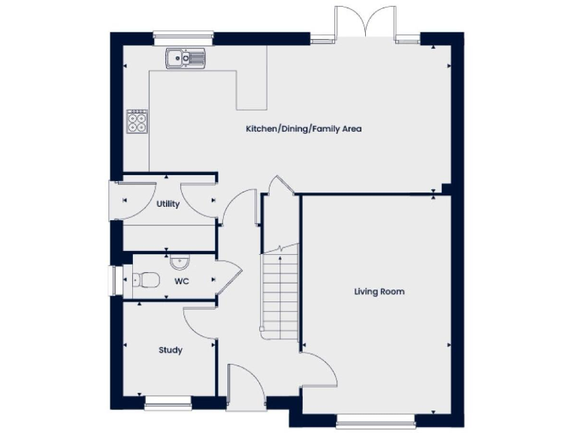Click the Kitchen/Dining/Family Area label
(304, 129)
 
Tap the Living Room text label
(379, 291)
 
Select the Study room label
(170, 350)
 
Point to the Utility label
(168, 204)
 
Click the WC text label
(181, 281)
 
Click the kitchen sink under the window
(185, 58)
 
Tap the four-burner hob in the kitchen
(137, 120)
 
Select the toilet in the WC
(146, 280)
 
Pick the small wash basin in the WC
(180, 262)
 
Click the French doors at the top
(365, 23)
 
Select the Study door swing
(200, 323)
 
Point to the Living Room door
(319, 368)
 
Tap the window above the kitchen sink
(183, 35)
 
